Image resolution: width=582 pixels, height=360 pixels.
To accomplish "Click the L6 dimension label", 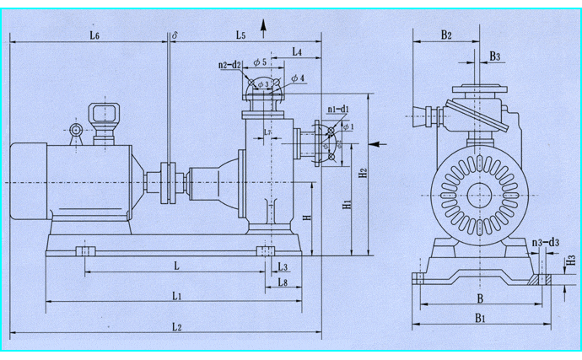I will coord(94,35).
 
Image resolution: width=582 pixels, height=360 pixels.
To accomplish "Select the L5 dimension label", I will coord(240,35).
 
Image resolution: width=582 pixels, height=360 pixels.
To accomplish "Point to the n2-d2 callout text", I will coord(229,65).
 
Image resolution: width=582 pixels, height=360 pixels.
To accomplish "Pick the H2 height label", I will coord(364,174).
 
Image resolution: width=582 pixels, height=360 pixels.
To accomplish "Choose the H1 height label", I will coord(346,204).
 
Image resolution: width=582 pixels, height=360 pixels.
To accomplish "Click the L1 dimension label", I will coord(178,295).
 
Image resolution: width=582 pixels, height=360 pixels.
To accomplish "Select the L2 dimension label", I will coord(178,326).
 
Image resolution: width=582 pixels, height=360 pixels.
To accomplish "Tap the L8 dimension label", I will coord(283,282).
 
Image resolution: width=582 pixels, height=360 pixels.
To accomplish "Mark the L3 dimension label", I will coord(283,266).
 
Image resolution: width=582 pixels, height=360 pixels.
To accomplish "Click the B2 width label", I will coord(445,35).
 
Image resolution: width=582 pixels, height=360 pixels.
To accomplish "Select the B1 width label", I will coord(478,319).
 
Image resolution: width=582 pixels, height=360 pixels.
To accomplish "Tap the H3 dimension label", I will coord(570,261).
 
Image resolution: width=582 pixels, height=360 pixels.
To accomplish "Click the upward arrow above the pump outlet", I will coord(265,30).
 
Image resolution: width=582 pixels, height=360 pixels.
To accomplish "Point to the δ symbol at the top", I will coord(174,35).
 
